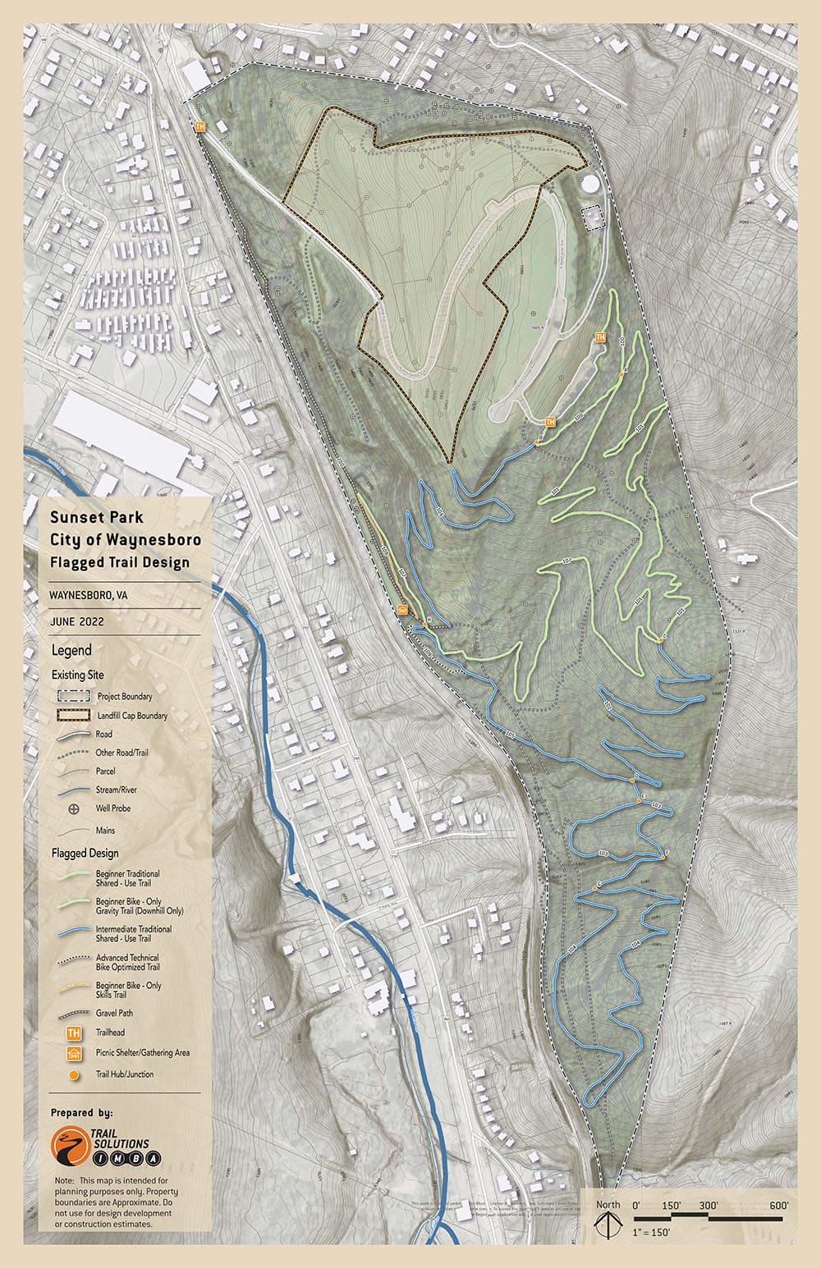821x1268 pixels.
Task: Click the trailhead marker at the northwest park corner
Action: pos(200,127)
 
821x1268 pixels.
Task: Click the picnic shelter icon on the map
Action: pos(402,610)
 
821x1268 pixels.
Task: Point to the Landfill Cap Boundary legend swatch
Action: pos(73,715)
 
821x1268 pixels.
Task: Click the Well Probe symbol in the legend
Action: pos(74,808)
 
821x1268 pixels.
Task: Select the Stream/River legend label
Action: pos(117,790)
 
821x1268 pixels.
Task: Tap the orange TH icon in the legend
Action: pos(74,1033)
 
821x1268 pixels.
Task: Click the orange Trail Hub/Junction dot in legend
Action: pos(74,1074)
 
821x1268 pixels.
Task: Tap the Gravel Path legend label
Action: pos(114,1013)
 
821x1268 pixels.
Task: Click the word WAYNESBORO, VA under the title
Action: pos(88,594)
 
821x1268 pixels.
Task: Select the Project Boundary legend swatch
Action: pos(73,696)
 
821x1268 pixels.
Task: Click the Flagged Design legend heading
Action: pos(85,853)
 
